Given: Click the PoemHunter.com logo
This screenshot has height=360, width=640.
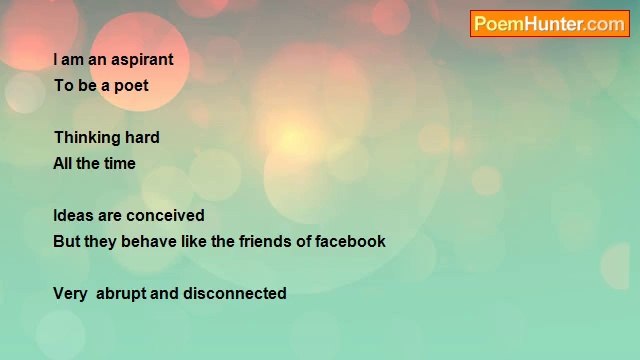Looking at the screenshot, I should point(549,24).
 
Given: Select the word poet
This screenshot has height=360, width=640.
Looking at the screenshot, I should point(131,86).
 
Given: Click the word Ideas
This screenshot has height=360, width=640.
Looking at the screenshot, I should point(74,216).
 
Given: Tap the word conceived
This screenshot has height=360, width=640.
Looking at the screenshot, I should point(165,216).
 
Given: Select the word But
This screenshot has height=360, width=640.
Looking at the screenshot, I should point(67,242).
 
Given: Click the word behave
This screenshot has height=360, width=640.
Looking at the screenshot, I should point(150,242).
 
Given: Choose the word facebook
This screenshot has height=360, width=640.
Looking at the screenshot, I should point(351,242).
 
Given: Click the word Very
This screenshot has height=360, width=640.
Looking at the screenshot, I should point(70,294).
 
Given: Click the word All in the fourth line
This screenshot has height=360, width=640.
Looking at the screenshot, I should point(62,164).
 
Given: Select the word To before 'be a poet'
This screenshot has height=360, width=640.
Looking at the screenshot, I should point(63,86).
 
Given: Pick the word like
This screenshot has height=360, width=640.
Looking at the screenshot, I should point(195,242).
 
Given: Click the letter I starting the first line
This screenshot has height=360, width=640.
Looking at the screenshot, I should point(56,60).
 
